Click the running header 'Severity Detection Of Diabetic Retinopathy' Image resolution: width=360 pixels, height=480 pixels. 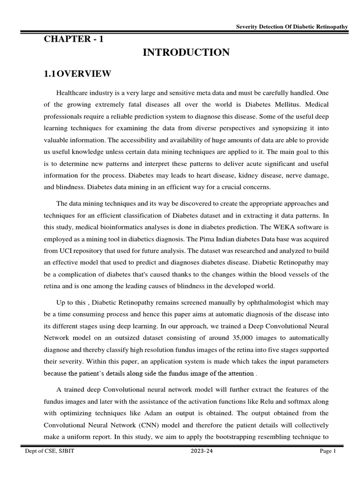click(292, 27)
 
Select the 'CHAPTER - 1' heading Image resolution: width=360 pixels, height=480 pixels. click(74, 39)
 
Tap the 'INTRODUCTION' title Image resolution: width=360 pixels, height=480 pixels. click(186, 53)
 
